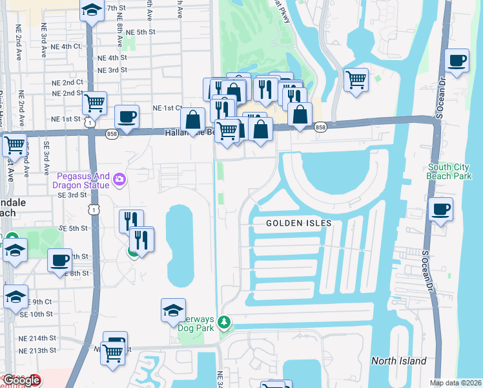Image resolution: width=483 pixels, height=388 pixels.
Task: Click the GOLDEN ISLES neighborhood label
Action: click(x=299, y=223)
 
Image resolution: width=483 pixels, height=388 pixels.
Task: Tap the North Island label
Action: click(x=398, y=360)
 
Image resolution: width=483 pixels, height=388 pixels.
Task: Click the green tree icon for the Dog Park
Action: click(x=224, y=321)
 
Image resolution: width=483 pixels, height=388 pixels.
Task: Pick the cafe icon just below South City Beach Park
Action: click(x=441, y=210)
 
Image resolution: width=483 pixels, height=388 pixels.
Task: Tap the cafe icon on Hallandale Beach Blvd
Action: click(x=127, y=117)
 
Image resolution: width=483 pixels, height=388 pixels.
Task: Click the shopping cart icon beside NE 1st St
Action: click(x=95, y=102)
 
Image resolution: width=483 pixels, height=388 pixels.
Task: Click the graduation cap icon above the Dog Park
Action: click(x=173, y=311)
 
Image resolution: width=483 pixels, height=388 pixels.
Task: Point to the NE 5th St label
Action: click(x=141, y=32)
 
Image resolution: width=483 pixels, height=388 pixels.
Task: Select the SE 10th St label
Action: click(x=36, y=314)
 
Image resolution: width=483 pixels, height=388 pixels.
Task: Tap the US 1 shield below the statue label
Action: click(x=95, y=210)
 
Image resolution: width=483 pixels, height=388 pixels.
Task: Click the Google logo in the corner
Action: click(x=21, y=380)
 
